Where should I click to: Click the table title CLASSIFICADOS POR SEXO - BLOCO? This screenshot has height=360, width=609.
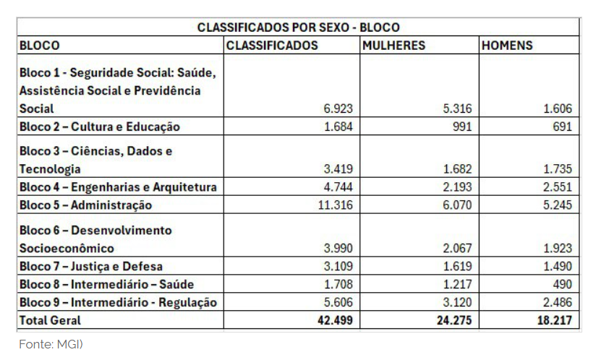[x=298, y=27]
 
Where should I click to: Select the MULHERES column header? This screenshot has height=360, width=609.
[x=394, y=46]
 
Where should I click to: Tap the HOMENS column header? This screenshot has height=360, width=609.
[x=507, y=46]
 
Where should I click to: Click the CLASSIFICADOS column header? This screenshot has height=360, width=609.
[x=272, y=46]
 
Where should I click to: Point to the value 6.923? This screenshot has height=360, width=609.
[x=338, y=109]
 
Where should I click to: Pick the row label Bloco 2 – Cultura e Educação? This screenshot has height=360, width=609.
[x=99, y=127]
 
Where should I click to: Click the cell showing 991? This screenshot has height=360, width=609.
[x=460, y=127]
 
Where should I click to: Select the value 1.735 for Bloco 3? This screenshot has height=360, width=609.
[x=557, y=169]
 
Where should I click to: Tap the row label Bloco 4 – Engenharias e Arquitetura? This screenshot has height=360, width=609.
[x=118, y=187]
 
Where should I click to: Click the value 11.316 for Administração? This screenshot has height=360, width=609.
[x=335, y=205]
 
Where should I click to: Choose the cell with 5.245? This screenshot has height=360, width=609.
[x=557, y=205]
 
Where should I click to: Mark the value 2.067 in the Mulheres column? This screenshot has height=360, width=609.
[x=456, y=249]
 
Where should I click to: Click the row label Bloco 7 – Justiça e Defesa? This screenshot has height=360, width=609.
[x=91, y=267]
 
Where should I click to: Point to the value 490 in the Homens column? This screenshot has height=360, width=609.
[x=561, y=284]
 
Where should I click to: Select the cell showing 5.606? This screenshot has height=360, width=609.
[x=338, y=302]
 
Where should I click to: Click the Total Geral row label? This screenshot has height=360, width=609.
[x=51, y=320]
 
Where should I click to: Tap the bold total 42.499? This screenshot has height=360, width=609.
[x=336, y=320]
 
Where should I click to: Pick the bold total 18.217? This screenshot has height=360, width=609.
[x=556, y=320]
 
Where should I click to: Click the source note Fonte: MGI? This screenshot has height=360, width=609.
[x=51, y=345]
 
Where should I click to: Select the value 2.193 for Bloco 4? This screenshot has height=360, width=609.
[x=456, y=187]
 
